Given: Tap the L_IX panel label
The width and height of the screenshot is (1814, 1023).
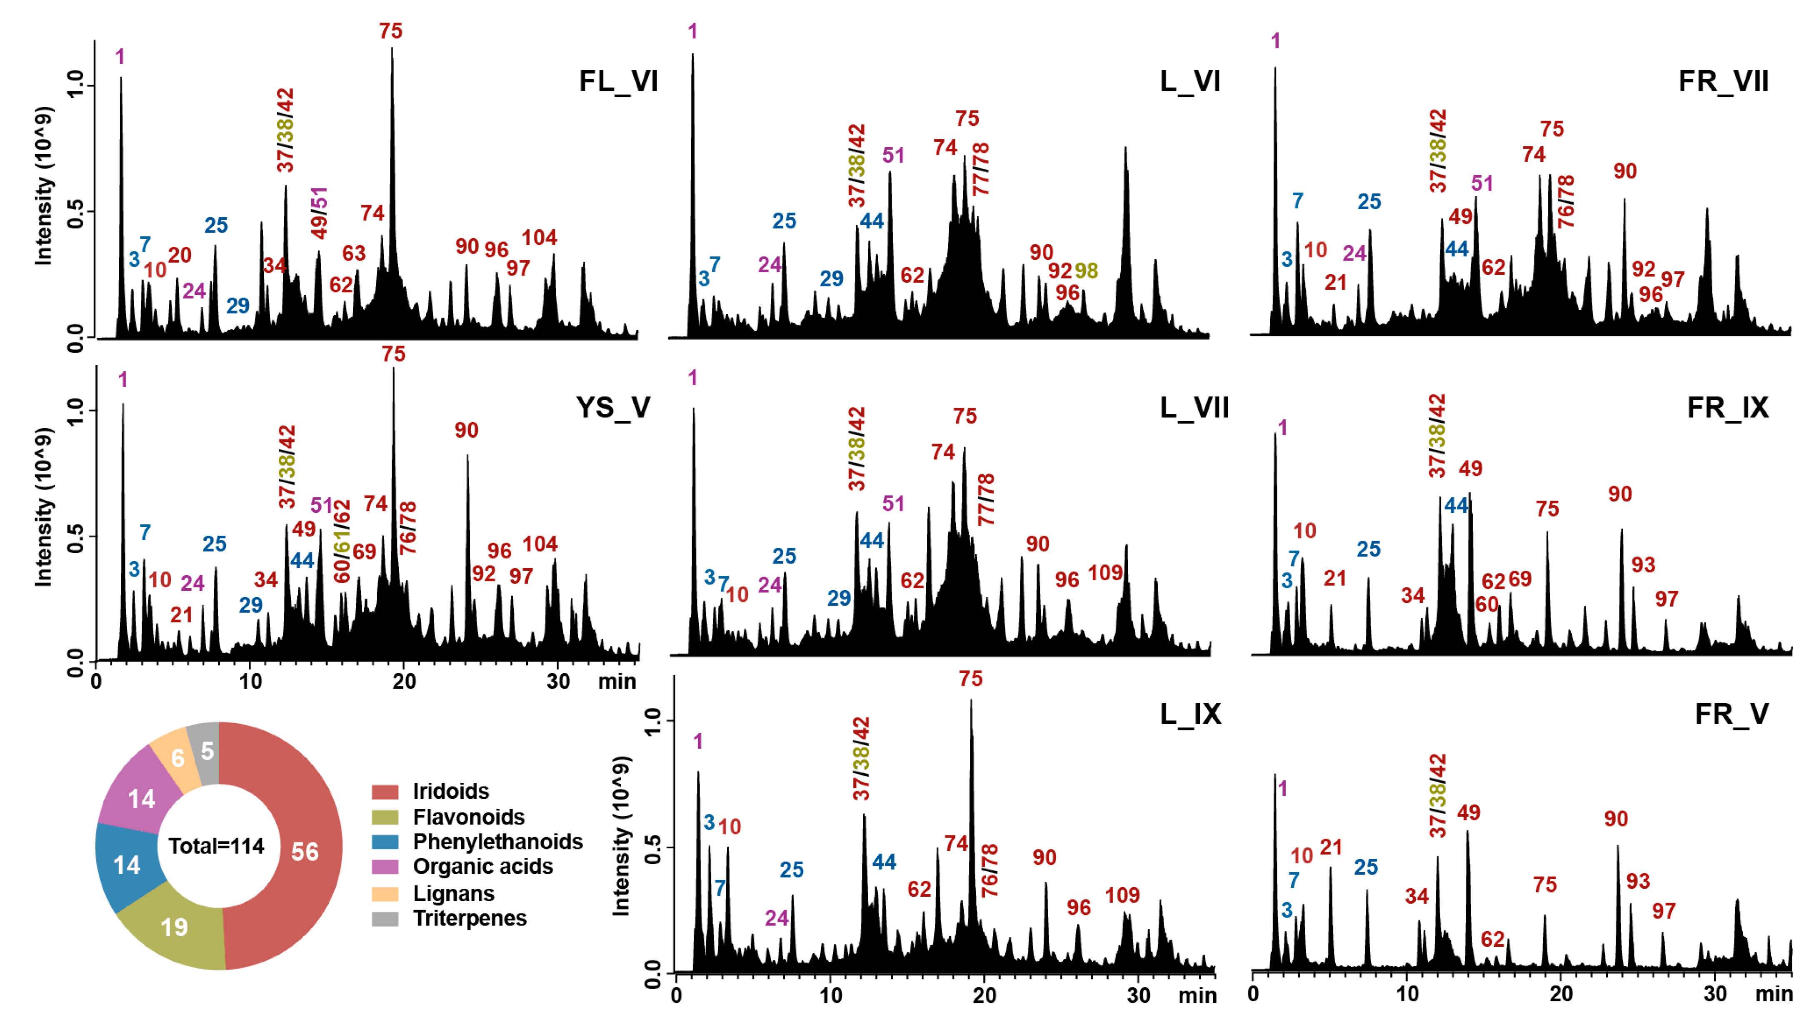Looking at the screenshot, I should click(1190, 715).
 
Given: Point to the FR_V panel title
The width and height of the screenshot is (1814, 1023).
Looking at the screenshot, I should click(1731, 715).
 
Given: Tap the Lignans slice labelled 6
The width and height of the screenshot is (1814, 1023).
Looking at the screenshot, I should click(177, 758).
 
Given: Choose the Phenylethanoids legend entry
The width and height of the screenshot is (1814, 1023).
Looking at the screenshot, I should click(497, 842).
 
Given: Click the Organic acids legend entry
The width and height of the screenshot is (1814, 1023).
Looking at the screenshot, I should click(482, 867).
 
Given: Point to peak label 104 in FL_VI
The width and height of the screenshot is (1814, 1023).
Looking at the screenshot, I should click(540, 238).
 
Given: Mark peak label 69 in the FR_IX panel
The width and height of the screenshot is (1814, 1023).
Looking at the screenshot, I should click(1519, 579).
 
